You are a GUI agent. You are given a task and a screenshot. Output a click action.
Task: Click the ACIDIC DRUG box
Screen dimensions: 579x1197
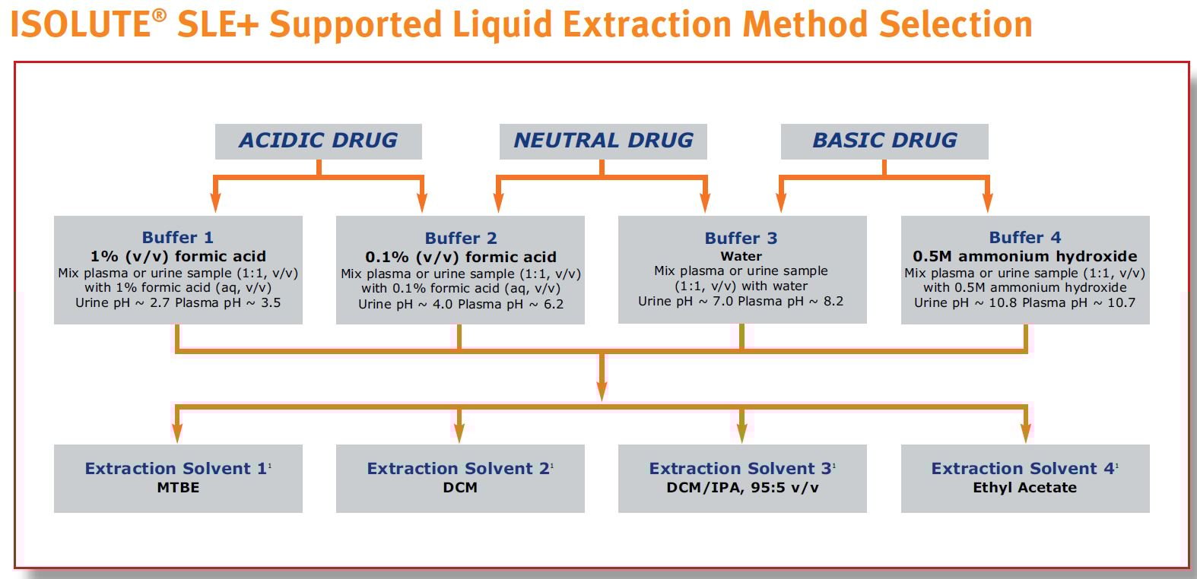tap(318, 141)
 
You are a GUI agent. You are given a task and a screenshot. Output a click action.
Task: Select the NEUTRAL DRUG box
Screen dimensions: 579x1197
tap(603, 141)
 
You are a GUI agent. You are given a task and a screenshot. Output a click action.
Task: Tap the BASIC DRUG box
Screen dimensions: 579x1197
tap(884, 141)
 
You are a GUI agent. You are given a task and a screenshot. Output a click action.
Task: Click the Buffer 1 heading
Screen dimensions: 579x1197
tap(178, 238)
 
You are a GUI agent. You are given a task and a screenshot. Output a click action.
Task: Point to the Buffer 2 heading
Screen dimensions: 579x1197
tap(460, 239)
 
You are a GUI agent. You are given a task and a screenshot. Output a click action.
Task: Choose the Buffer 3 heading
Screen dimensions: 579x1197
tap(741, 239)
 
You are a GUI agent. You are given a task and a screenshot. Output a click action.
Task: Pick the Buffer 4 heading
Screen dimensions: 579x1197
tap(1024, 238)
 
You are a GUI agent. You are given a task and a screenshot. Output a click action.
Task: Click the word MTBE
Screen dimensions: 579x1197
tap(178, 488)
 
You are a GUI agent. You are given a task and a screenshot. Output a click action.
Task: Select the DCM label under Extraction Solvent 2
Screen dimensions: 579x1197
tap(460, 488)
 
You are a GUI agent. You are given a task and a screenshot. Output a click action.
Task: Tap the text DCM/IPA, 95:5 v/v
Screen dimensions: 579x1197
tap(742, 488)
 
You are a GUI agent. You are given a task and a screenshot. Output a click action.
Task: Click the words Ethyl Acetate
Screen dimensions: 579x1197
tap(1024, 488)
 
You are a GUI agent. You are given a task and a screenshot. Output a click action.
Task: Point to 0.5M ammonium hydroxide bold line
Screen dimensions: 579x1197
tap(1024, 257)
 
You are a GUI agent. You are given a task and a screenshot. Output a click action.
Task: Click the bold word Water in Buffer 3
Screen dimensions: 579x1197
tap(741, 257)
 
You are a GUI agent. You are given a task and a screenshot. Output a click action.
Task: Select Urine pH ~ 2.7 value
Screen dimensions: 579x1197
tap(123, 303)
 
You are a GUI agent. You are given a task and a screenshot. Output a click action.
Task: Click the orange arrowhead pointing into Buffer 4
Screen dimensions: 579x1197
tap(987, 203)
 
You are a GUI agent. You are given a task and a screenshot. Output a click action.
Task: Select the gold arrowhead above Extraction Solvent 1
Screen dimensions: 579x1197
tap(177, 433)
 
